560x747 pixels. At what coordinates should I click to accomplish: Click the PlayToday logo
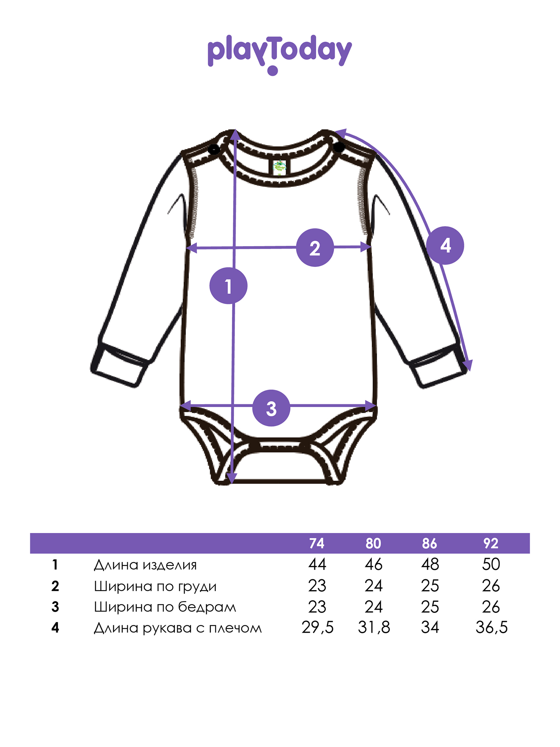(x=280, y=55)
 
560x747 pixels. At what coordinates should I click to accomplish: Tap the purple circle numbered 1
(x=228, y=286)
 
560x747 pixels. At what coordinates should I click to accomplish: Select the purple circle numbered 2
(x=315, y=248)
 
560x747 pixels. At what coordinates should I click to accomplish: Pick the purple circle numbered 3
(x=271, y=408)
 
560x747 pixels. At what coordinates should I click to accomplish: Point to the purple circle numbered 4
(x=445, y=245)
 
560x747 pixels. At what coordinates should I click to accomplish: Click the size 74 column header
(x=317, y=543)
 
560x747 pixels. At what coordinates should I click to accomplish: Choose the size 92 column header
(x=491, y=543)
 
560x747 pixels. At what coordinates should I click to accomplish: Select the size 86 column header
(x=429, y=543)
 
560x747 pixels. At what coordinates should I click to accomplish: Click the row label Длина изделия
(x=145, y=565)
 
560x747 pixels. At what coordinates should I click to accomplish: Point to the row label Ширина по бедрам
(x=165, y=607)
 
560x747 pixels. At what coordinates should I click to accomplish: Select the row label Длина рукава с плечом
(x=178, y=628)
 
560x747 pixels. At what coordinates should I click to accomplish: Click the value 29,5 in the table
(x=317, y=627)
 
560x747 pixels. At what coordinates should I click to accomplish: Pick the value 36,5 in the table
(x=491, y=627)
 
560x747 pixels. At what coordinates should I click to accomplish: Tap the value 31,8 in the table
(x=374, y=627)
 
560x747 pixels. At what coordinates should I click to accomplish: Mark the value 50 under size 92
(x=491, y=564)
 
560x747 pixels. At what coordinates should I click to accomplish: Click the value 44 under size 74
(x=317, y=564)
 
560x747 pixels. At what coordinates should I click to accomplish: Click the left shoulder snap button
(x=214, y=150)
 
